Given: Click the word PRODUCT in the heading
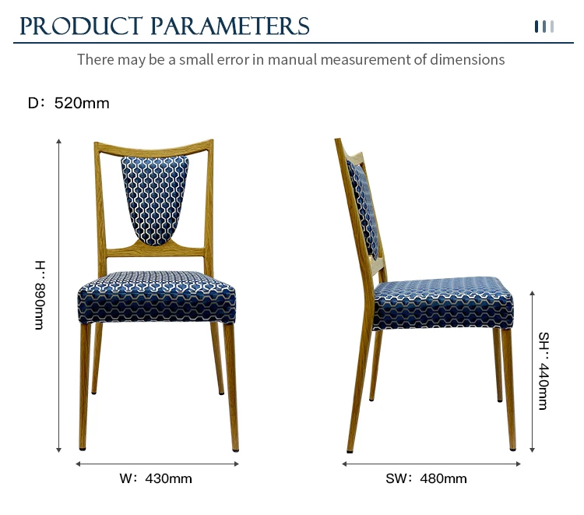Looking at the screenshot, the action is point(81,26).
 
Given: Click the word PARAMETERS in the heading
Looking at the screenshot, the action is point(230,26).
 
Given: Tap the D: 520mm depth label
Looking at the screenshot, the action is point(69,103).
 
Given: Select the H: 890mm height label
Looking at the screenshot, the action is point(40,295).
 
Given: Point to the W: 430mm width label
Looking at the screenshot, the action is point(156,478).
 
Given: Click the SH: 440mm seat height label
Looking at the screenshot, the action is point(544,371).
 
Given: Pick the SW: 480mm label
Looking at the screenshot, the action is point(426,478).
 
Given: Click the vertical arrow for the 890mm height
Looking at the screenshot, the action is point(58,295).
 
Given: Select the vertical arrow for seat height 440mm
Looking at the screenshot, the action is point(533,372).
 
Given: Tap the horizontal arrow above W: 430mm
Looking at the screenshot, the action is point(157,464).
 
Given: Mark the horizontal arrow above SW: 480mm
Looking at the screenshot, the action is point(431,464).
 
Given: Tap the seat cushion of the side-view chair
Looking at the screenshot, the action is point(443,303).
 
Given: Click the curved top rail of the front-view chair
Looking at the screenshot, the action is point(154,147).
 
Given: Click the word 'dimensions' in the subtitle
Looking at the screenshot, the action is point(467,60).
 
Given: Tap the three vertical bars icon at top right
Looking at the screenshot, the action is point(544,26).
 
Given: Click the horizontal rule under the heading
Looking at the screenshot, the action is point(294,43).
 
